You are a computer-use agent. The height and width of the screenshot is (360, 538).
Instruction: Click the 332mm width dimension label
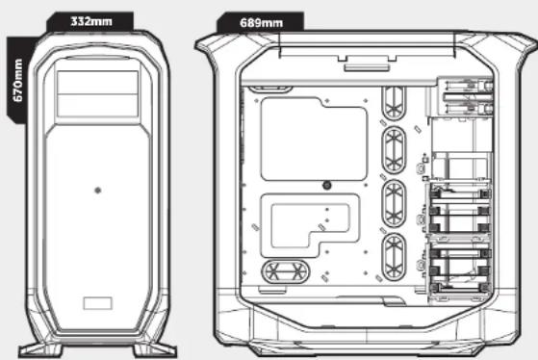pos(91,21)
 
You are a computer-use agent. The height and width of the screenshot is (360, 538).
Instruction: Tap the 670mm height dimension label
pos(18,80)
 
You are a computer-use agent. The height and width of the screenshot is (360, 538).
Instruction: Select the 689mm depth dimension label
pos(262,23)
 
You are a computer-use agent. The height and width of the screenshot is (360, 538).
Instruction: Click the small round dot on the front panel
pos(98,191)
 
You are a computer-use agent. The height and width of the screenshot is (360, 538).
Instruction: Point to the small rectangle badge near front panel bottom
pos(98,303)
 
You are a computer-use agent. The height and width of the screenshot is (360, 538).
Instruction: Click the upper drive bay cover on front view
pos(98,83)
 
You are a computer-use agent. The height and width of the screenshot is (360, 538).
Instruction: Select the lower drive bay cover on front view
pos(98,106)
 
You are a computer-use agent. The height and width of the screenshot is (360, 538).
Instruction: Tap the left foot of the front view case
pos(40,350)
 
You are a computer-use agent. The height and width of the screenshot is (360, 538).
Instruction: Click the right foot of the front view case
pos(155,350)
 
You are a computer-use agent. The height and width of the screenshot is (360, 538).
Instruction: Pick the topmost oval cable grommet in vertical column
pos(394,103)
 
